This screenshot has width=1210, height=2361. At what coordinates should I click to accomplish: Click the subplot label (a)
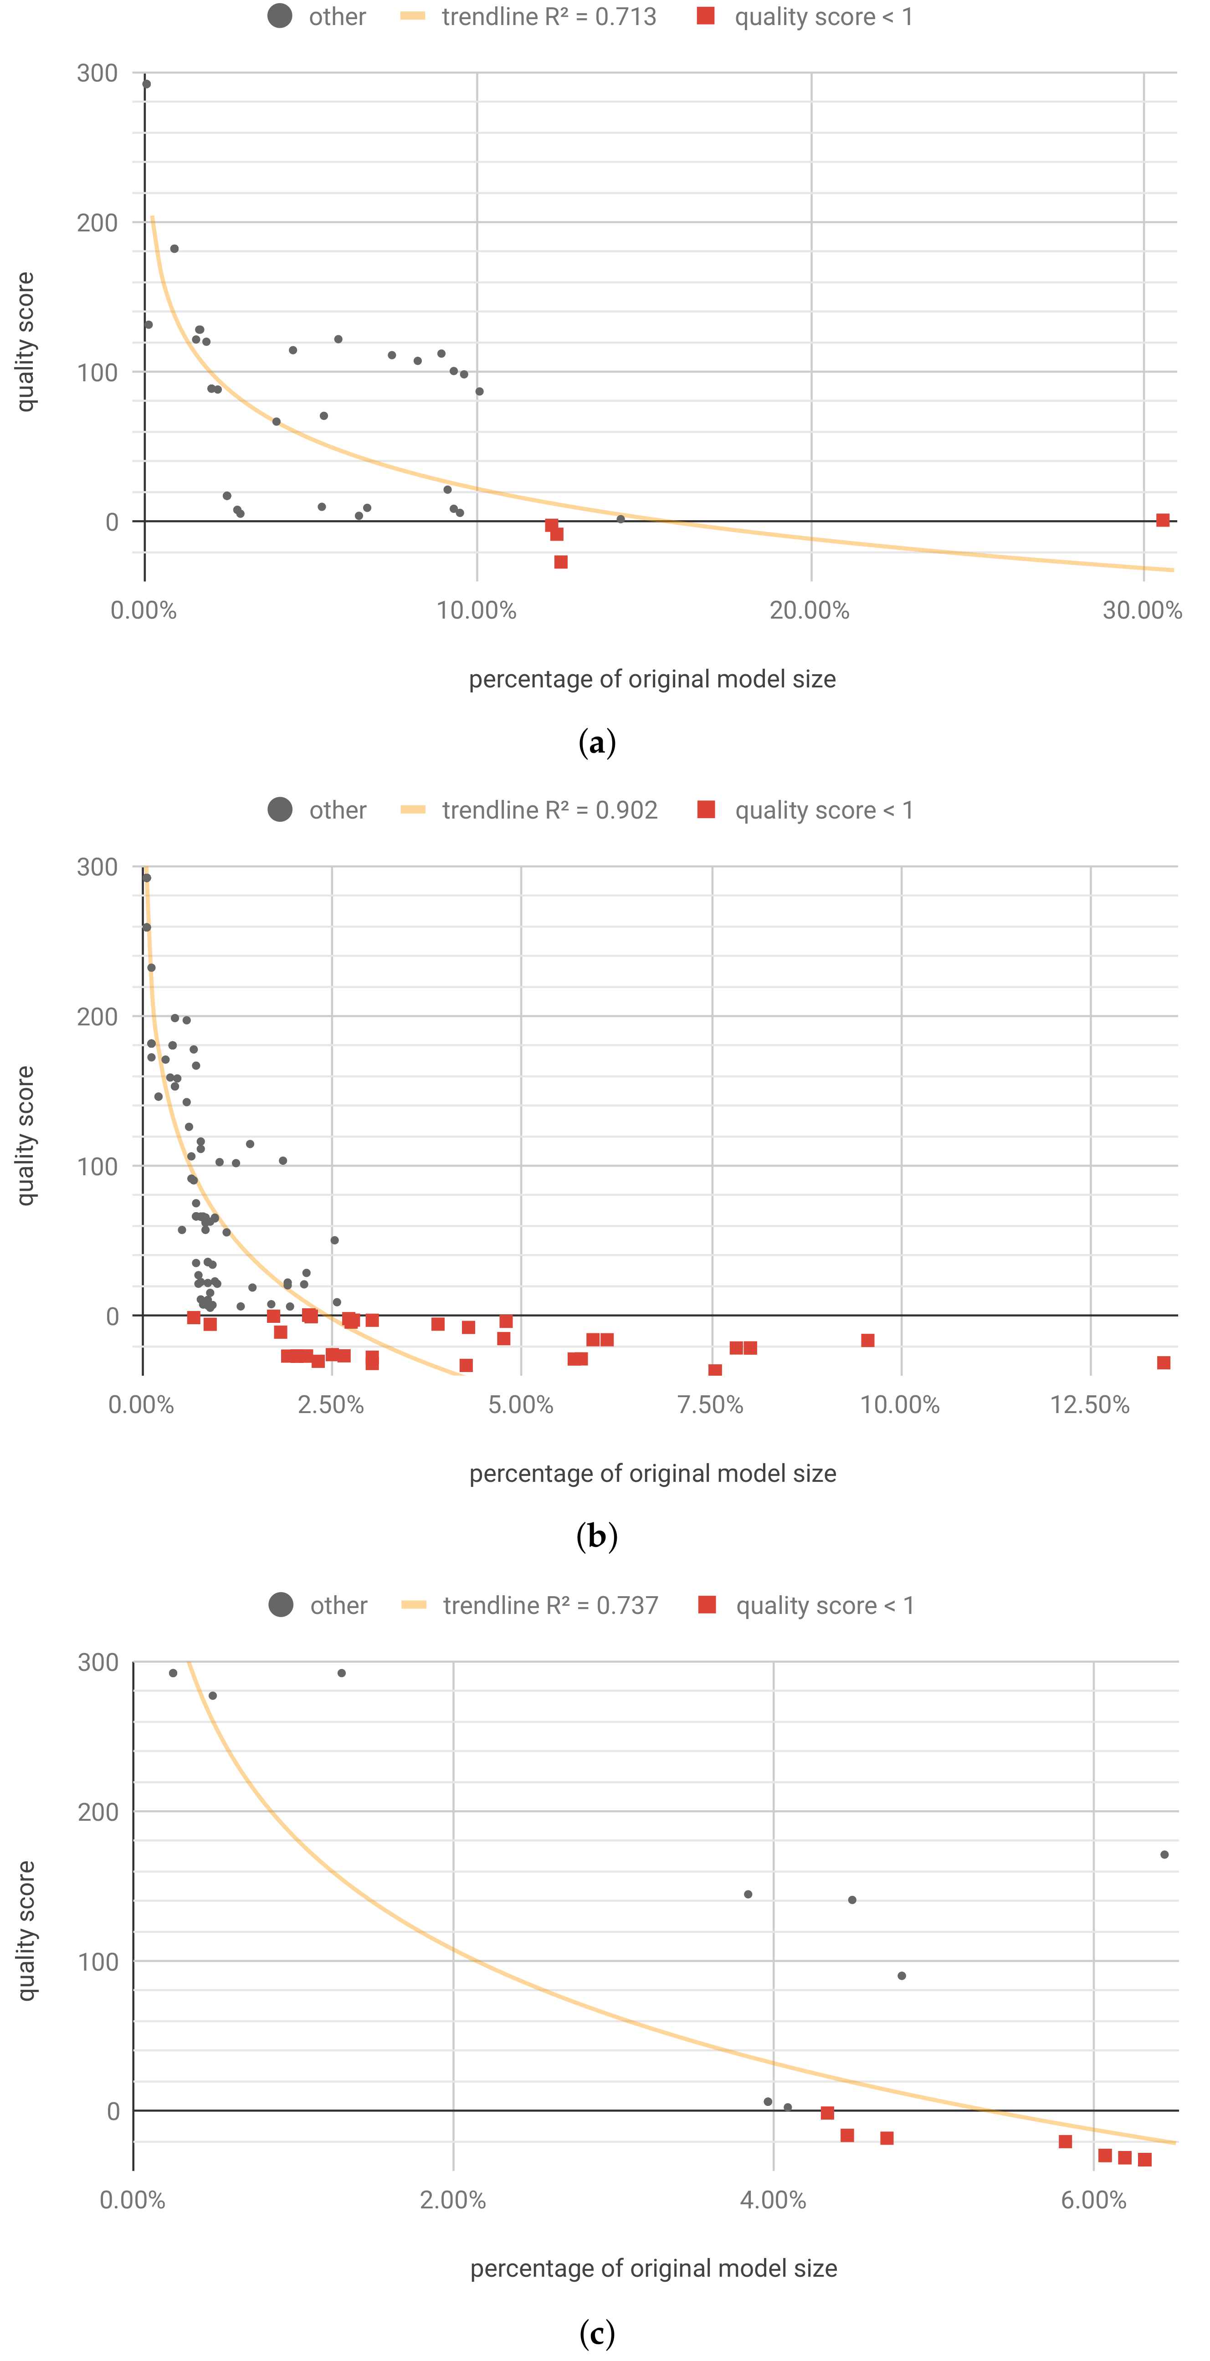(x=597, y=743)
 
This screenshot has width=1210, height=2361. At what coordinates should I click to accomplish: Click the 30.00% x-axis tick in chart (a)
(x=1142, y=610)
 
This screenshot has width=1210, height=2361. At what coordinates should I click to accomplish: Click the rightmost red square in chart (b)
(x=1163, y=1363)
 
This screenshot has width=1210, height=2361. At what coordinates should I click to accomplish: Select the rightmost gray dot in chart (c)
(x=1164, y=1854)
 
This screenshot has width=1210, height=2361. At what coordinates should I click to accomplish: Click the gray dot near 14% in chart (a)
(x=620, y=519)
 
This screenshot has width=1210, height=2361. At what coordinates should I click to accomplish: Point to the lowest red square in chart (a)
(x=561, y=562)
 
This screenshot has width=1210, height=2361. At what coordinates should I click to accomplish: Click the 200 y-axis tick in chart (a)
(x=97, y=223)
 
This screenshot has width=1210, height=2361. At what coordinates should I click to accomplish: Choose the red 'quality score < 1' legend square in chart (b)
(x=706, y=809)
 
